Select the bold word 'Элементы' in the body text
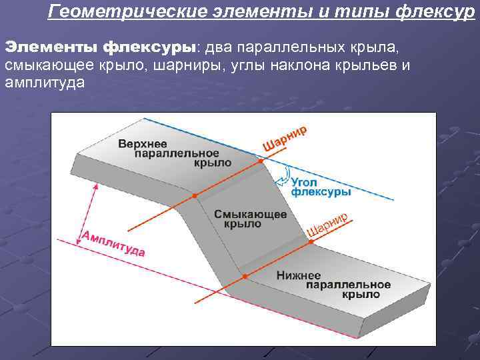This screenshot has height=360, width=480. (51, 48)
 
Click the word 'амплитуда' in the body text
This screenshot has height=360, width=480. (43, 83)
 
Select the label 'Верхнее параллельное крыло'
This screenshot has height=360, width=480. (175, 153)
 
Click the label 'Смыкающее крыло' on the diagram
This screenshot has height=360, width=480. (251, 219)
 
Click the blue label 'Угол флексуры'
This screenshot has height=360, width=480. (321, 187)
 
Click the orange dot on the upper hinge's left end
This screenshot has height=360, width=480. (194, 196)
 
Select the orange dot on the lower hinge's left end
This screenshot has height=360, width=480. (244, 276)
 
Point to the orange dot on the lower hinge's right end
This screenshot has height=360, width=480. (310, 244)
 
